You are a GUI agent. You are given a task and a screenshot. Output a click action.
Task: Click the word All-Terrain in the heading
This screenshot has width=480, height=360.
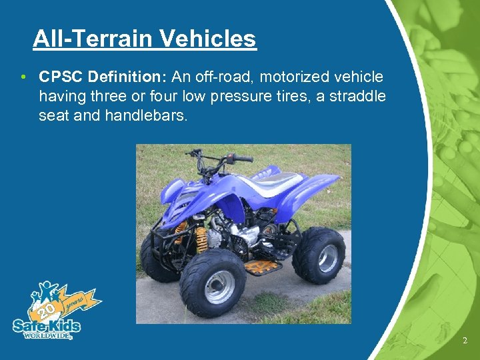(x=94, y=39)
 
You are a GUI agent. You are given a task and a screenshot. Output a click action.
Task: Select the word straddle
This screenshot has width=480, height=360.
(x=357, y=96)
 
